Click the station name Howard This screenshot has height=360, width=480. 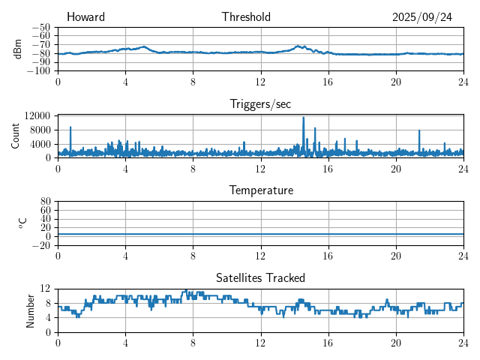(85, 17)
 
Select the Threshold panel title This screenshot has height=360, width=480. (246, 17)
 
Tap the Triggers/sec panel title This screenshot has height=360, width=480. (260, 104)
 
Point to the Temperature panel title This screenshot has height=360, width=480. (260, 190)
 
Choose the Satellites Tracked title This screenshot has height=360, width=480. (260, 277)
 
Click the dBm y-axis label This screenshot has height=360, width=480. (18, 49)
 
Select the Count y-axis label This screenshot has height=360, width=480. (15, 136)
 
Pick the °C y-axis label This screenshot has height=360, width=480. (22, 223)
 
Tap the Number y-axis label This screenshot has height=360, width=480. (30, 310)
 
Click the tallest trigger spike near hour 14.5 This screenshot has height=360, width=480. (304, 118)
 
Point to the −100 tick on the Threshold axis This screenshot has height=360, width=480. (38, 71)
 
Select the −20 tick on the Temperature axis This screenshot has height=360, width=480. (42, 245)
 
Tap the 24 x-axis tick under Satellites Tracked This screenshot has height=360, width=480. (463, 342)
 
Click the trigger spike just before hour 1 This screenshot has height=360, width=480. (70, 127)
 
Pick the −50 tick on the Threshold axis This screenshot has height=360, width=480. (41, 27)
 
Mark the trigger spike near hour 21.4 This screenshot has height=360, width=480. (419, 131)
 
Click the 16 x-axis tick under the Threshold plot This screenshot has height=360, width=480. (328, 81)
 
